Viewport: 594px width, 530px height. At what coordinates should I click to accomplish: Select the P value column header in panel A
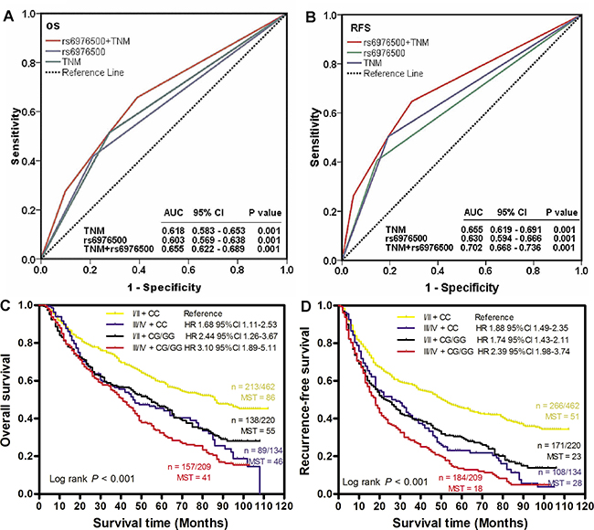pos(265,208)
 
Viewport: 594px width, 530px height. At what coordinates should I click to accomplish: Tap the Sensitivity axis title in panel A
pos(16,137)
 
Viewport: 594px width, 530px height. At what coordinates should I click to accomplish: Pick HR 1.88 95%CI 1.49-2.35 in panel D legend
pos(517,322)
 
